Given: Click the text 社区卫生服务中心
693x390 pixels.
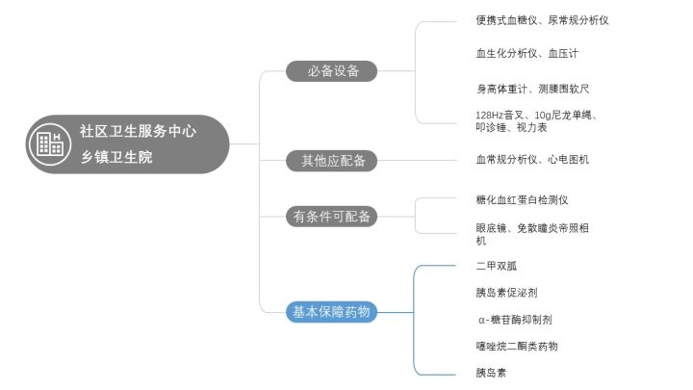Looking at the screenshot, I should (138, 131).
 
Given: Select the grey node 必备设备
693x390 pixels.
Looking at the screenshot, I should (330, 71).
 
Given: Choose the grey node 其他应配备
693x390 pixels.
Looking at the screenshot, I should (330, 161).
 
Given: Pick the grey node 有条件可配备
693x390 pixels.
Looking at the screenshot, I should (330, 216).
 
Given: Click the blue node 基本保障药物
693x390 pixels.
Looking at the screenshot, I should (330, 311).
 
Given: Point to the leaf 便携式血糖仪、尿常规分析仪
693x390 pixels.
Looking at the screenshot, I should (542, 19).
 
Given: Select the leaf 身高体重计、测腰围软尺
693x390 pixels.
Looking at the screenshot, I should (532, 89).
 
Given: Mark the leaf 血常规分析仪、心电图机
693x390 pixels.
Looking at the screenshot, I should (532, 159).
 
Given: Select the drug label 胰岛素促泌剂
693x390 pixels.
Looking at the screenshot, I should (505, 292).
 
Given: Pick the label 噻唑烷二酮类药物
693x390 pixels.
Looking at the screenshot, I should (516, 346).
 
